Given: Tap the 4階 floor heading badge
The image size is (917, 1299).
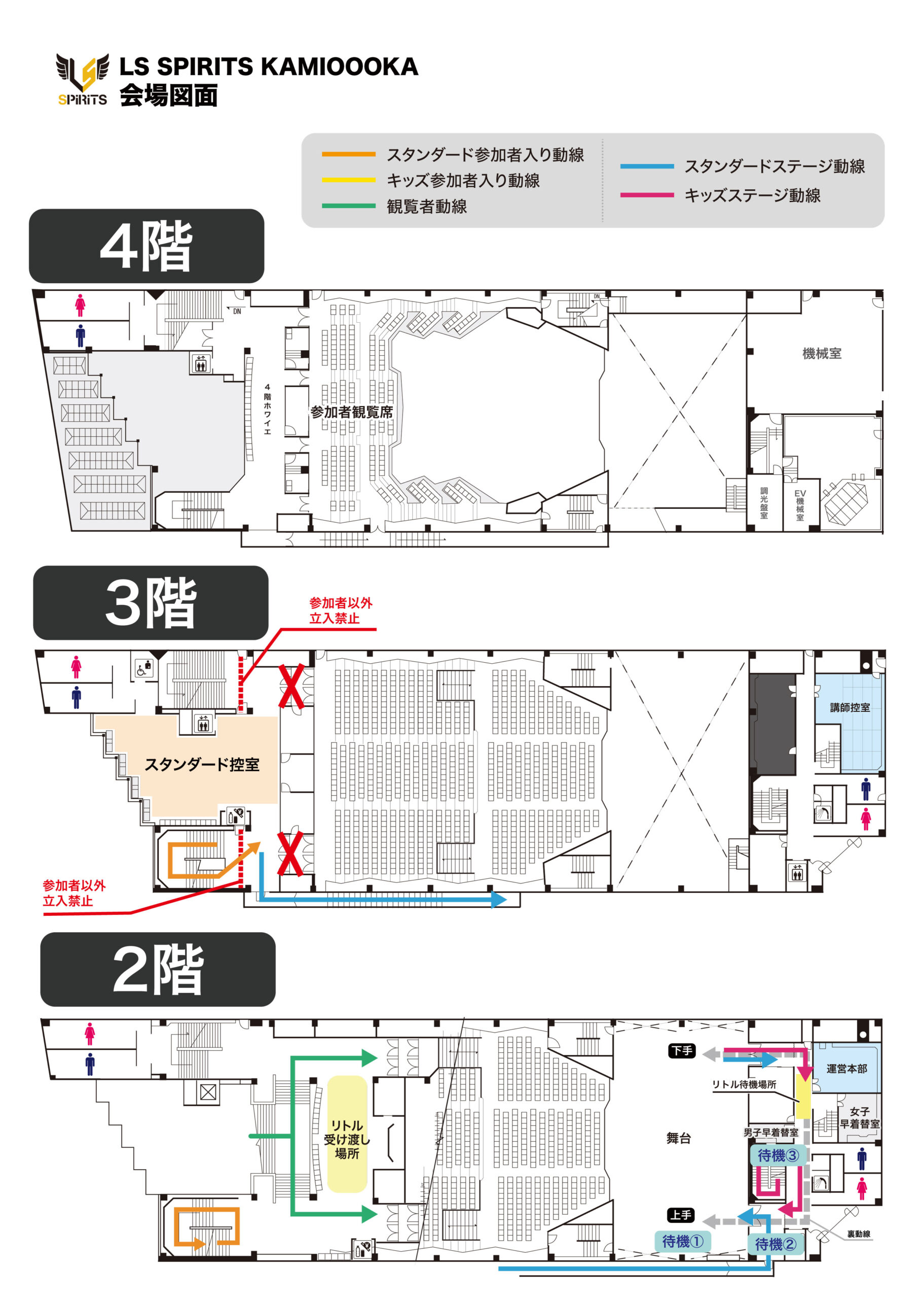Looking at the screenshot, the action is click(146, 246).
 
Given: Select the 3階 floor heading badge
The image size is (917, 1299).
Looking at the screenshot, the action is click(151, 602).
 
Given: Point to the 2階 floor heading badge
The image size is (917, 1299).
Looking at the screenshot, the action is click(158, 969).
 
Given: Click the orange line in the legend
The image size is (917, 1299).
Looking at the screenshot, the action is click(348, 154).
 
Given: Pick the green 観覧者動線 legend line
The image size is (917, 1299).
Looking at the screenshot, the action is click(348, 206).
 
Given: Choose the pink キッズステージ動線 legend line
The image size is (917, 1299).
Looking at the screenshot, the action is click(647, 195).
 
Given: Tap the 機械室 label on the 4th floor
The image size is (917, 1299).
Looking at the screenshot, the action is click(822, 354).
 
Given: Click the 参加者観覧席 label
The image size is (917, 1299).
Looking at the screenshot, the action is click(351, 412).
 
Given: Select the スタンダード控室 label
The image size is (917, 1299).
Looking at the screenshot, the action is click(202, 764).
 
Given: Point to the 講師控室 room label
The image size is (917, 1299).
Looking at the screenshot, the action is click(849, 707).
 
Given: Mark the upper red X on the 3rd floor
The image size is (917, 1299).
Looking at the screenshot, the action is click(291, 686).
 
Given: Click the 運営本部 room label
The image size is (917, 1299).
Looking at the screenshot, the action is click(847, 1069).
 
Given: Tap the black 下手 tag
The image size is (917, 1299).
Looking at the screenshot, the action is click(681, 1051).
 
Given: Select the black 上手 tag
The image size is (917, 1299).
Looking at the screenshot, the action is click(681, 1215).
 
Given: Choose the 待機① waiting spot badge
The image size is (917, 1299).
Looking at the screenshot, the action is click(682, 1241).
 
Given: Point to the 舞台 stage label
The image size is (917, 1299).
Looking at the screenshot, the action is click(678, 1138).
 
